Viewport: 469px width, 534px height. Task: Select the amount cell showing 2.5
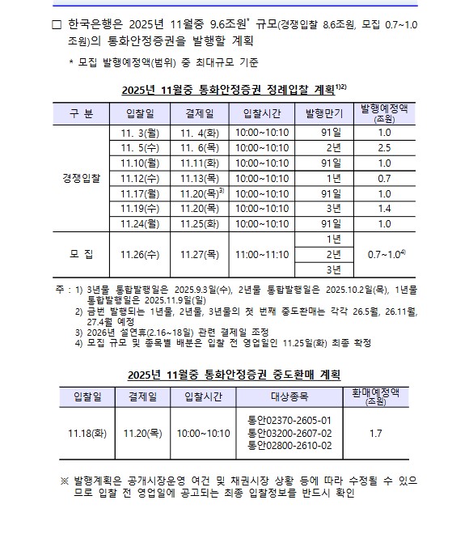[x=384, y=147]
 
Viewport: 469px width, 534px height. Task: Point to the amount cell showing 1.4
[x=384, y=208]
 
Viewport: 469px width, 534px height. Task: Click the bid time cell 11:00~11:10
[x=261, y=254]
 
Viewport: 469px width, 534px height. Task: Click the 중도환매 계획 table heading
[x=234, y=375]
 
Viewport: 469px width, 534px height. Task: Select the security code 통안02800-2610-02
[x=289, y=446]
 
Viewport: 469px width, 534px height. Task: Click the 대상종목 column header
[x=289, y=396]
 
